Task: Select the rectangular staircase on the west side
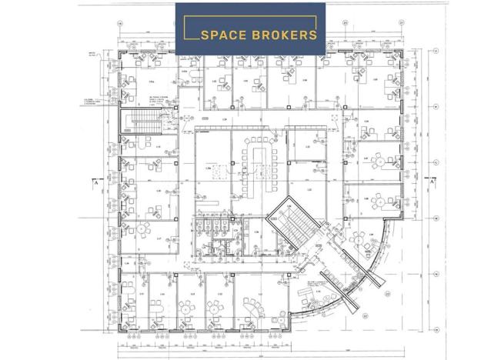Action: (x=145, y=121)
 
